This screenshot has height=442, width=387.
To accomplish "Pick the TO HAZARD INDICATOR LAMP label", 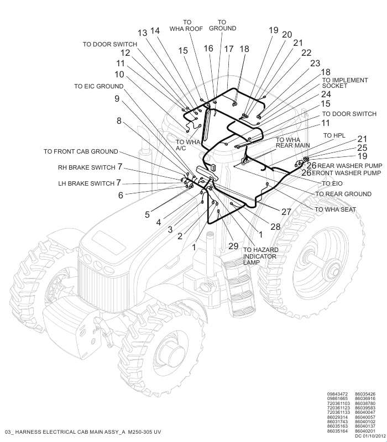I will pyautogui.click(x=260, y=256).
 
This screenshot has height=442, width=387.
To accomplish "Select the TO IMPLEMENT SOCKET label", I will pyautogui.click(x=345, y=83).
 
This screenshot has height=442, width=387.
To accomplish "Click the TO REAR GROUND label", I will pyautogui.click(x=343, y=194).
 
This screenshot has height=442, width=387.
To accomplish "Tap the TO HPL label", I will pyautogui.click(x=334, y=135).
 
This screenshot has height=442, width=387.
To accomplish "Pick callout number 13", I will pyautogui.click(x=143, y=33).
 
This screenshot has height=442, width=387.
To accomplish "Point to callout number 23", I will pyautogui.click(x=315, y=64).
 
